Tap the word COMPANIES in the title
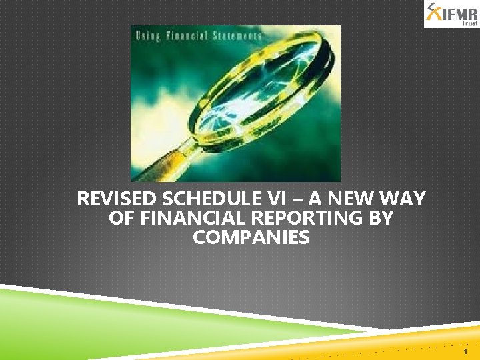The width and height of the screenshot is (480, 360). pyautogui.click(x=251, y=237)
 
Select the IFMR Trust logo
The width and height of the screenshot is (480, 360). pyautogui.click(x=451, y=14)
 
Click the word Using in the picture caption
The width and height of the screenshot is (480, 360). pyautogui.click(x=149, y=35)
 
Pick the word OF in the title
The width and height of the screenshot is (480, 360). pyautogui.click(x=119, y=218)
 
